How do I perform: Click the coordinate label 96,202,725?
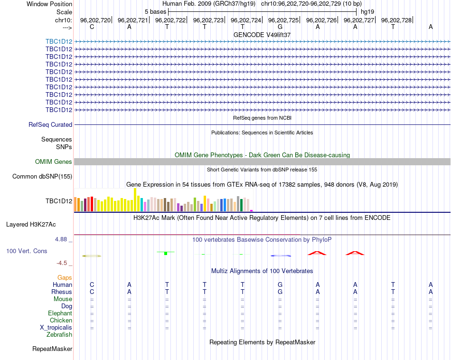pos(283,20)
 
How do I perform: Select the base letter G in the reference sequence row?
pos(280,27)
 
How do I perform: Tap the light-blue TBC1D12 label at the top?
pos(59,41)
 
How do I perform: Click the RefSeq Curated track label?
pos(50,124)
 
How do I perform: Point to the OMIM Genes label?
pos(54,162)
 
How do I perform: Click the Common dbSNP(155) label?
pos(42,176)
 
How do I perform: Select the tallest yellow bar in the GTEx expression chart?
pos(135,200)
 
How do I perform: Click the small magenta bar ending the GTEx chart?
pos(252,211)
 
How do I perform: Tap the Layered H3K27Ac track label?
pos(31,225)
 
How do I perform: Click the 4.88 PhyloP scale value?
pos(61,239)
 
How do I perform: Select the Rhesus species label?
pos(62,292)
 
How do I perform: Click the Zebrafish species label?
pos(59,335)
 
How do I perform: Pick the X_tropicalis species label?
pos(56,328)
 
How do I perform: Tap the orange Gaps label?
pos(65,277)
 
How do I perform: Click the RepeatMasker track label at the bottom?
pos(52,349)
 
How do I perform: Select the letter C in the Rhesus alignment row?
pos(92,292)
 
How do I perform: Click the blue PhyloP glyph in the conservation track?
pos(281,256)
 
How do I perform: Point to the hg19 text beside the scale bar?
pos(367,12)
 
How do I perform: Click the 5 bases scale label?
pos(155,12)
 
